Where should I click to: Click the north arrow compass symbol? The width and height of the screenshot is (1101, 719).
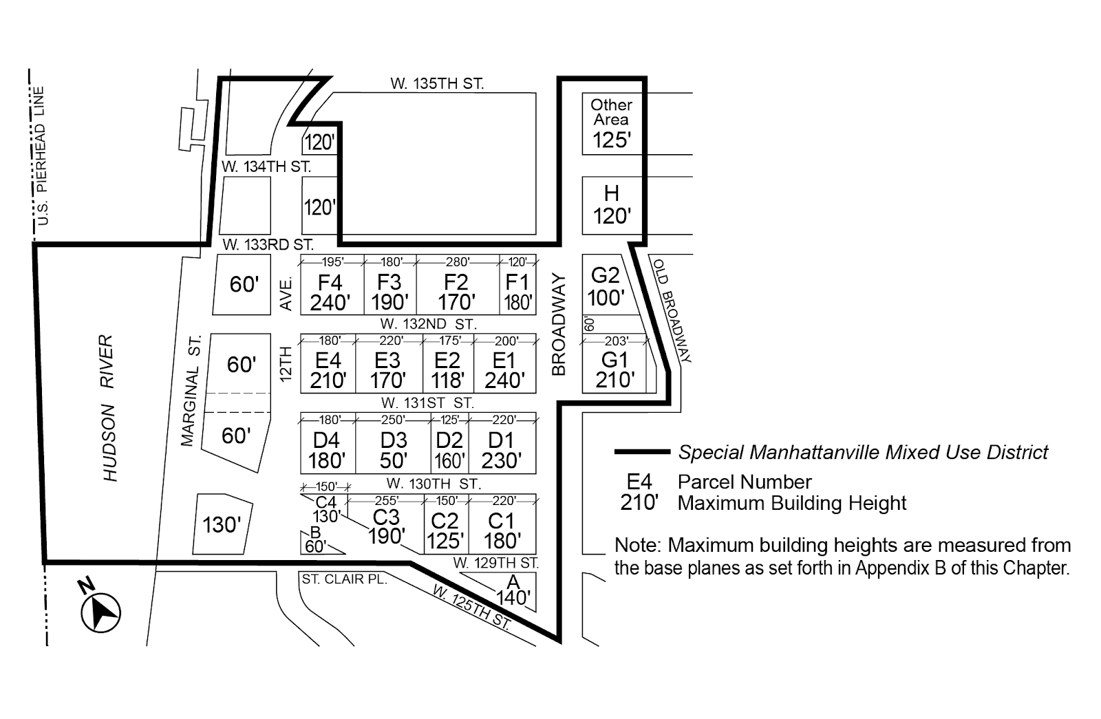click(100, 610)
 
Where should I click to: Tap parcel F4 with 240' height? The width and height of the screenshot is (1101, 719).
click(330, 292)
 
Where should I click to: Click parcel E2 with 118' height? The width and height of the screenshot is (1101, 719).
click(447, 370)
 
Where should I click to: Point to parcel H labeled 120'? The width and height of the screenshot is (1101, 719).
click(612, 205)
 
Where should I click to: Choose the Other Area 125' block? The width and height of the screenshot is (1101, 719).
click(612, 124)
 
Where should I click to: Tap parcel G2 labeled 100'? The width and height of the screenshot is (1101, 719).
click(606, 286)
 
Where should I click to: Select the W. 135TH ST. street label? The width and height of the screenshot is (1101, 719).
click(437, 84)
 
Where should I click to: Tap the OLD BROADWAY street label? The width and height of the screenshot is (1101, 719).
click(671, 310)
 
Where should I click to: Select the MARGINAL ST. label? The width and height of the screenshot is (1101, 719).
click(191, 390)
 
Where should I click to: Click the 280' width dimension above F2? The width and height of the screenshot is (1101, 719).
click(457, 262)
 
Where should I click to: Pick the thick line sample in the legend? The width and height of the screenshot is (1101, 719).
click(641, 452)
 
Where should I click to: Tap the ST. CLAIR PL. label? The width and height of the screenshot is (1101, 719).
click(344, 579)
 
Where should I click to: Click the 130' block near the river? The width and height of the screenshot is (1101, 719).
click(222, 525)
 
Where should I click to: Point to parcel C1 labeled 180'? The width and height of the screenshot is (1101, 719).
click(501, 530)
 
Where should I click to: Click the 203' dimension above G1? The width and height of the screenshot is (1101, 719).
click(616, 341)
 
